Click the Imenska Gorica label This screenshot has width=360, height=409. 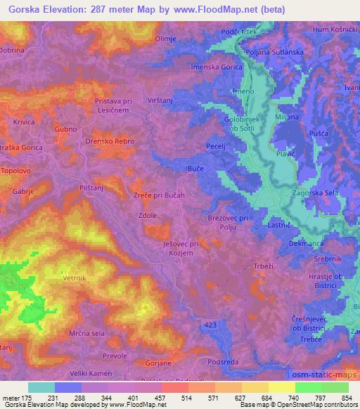click(217, 67)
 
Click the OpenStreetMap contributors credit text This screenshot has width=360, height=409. click(317, 405)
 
